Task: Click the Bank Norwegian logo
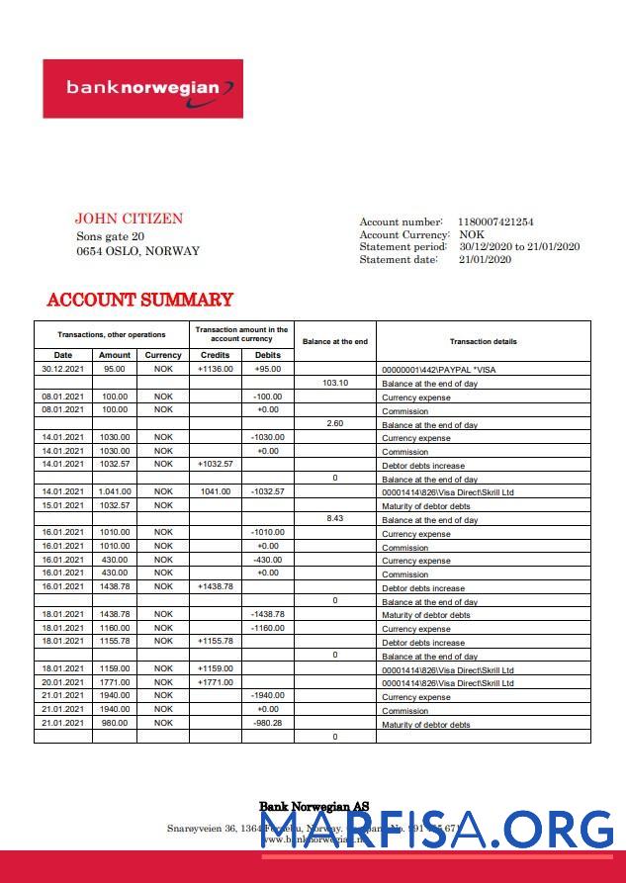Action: (x=142, y=88)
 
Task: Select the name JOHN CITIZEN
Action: (x=129, y=219)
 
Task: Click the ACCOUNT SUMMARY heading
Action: (x=139, y=300)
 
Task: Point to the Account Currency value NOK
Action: (x=472, y=235)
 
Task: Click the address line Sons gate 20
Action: (x=110, y=236)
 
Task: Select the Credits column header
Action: (x=215, y=355)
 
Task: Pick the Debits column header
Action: (x=267, y=355)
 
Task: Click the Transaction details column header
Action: (x=483, y=341)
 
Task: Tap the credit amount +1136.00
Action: (x=215, y=369)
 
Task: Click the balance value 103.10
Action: (x=335, y=383)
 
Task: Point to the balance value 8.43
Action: (x=335, y=519)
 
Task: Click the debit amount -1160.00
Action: (x=267, y=628)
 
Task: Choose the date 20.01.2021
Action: (x=62, y=682)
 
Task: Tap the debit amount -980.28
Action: (x=267, y=723)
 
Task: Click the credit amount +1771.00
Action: (x=215, y=682)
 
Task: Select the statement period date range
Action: (x=519, y=247)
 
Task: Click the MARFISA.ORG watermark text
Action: (x=436, y=829)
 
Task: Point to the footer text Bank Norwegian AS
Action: (x=313, y=807)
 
